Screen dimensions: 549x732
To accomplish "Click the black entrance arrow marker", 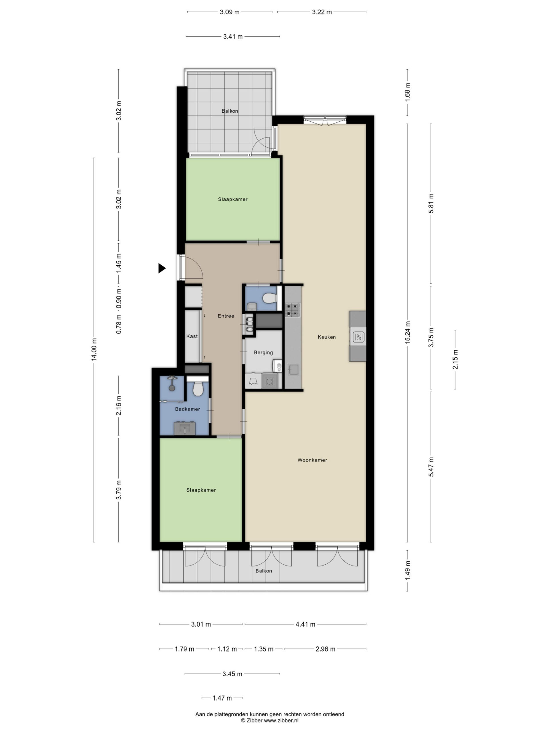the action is coord(162,268).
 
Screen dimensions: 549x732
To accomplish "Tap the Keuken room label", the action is coord(327,337).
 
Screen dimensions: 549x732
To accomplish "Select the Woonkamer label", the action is coord(312,460).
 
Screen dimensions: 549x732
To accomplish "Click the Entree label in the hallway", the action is coord(226,316).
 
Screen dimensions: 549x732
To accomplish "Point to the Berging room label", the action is coord(263,353).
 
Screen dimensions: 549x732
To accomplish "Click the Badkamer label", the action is coord(187,409).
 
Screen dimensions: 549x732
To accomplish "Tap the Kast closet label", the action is coord(192,336).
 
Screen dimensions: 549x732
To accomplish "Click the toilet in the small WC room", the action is coord(270,299).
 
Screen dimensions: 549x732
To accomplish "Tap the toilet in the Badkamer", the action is coord(198,389).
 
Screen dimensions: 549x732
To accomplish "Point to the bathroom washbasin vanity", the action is coord(185,428).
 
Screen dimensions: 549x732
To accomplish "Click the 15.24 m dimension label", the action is coord(407,332).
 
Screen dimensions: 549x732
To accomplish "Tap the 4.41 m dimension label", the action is coord(305,624).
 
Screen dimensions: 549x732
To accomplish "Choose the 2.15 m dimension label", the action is coord(455,359).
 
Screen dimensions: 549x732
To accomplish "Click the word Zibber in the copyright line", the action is coord(254,720).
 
